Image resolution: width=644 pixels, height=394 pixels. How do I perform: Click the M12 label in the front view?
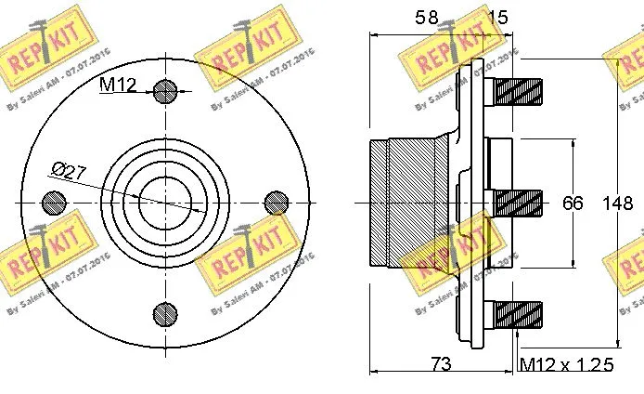(118, 86)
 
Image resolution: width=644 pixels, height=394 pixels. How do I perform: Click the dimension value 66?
(573, 203)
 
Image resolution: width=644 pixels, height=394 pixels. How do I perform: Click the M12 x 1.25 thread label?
(566, 364)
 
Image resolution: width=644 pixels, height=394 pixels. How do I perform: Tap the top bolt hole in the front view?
(165, 91)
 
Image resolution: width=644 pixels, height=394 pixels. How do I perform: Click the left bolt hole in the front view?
(55, 202)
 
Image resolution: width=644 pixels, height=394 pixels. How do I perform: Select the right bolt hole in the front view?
(276, 202)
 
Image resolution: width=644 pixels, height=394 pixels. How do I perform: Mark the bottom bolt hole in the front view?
(165, 312)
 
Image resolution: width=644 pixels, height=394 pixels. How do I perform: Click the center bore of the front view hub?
(165, 202)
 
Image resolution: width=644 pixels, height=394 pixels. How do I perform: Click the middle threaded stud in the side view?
(518, 202)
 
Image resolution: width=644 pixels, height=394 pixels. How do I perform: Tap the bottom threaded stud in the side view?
(518, 312)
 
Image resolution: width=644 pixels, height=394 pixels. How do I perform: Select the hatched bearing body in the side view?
(418, 202)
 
